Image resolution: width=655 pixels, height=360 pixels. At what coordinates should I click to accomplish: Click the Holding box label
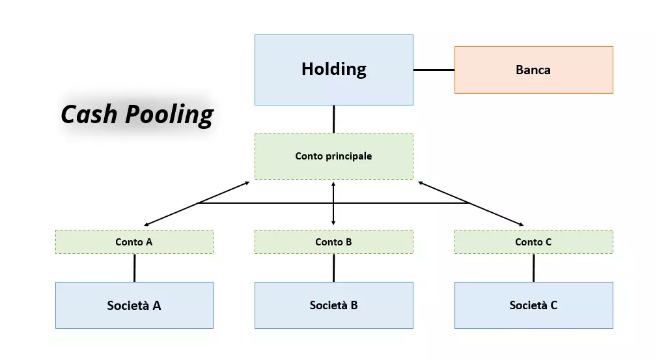click(x=333, y=69)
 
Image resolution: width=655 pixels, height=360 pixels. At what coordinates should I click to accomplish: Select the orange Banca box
click(x=533, y=70)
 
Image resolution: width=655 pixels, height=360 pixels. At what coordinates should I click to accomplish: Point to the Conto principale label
click(x=333, y=156)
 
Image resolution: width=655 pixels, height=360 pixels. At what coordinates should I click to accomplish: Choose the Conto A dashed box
click(x=134, y=242)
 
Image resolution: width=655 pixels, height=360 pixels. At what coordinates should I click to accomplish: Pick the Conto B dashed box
click(x=333, y=242)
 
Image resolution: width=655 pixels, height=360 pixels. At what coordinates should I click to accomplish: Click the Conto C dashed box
click(x=533, y=242)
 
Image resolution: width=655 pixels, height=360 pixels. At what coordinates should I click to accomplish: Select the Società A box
click(x=134, y=305)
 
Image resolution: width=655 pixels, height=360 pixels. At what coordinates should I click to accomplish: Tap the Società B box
click(x=333, y=305)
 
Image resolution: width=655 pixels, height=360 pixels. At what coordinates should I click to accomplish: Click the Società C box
click(x=533, y=305)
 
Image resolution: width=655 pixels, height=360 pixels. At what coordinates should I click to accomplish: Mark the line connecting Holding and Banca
click(x=434, y=70)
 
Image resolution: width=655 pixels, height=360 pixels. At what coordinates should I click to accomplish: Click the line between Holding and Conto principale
click(x=333, y=119)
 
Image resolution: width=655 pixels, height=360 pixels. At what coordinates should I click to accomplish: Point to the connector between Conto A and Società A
click(x=134, y=268)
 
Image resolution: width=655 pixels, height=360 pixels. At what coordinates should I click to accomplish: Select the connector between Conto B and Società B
click(x=333, y=268)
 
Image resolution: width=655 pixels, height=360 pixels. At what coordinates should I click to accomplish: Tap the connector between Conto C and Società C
click(x=533, y=268)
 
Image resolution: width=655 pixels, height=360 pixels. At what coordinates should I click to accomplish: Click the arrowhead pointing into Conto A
click(x=146, y=225)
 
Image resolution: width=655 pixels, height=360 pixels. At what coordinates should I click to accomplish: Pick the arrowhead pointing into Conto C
click(x=521, y=225)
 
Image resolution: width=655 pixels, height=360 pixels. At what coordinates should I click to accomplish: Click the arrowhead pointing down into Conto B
click(x=333, y=223)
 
